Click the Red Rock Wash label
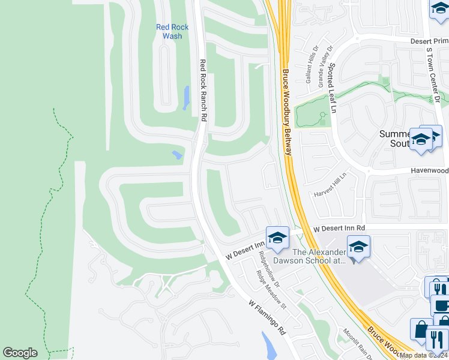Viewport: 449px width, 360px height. pos(172,31)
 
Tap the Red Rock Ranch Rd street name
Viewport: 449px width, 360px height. pos(203,91)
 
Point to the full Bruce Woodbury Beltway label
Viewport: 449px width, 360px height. pos(286,112)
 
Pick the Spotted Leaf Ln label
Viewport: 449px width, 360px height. pos(333,89)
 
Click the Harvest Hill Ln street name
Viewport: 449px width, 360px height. pos(331,187)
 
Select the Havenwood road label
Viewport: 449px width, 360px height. pos(429,171)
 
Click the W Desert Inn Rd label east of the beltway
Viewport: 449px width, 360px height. pos(339,229)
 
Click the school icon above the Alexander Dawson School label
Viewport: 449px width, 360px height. pos(277,238)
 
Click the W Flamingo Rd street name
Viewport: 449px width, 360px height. pos(267,317)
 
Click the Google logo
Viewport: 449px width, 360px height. pos(20,353)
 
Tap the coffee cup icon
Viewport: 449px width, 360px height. pos(441,305)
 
